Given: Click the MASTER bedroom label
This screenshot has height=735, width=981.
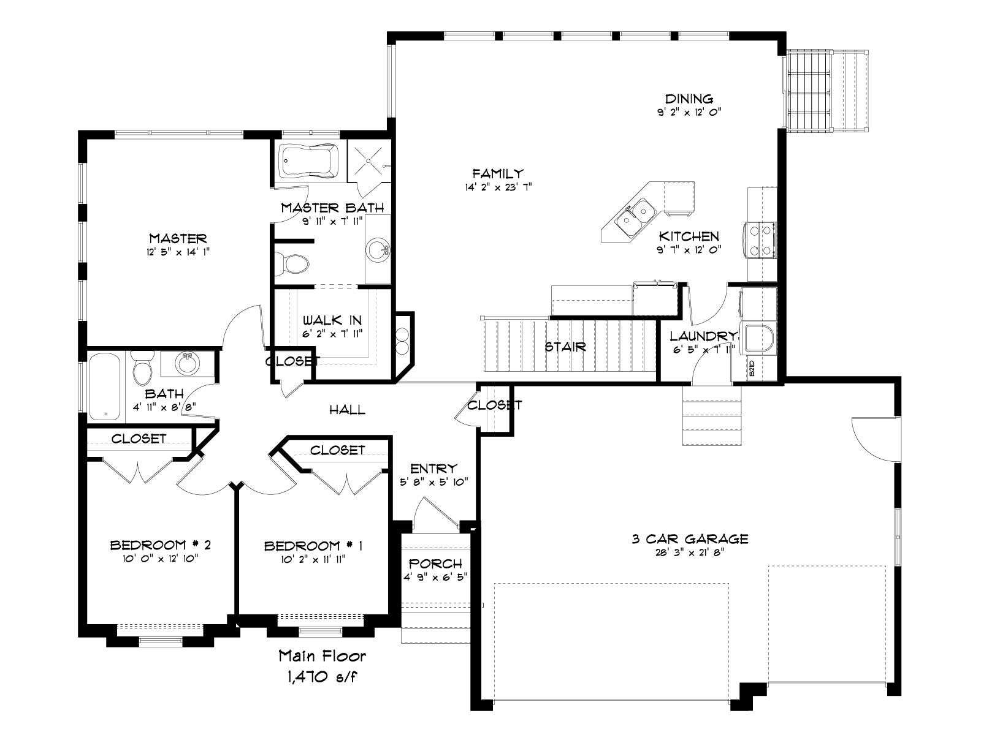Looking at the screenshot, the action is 178,238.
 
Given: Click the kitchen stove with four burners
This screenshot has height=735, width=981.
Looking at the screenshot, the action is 760,241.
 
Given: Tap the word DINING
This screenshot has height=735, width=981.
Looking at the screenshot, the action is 689,99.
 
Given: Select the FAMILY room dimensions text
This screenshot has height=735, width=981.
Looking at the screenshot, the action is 498,187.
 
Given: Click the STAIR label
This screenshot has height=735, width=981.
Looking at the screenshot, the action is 565,346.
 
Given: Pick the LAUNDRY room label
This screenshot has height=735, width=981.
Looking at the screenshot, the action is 703,336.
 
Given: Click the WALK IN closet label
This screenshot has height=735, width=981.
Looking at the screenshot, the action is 332,320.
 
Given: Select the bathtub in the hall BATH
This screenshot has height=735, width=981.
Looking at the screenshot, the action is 105,386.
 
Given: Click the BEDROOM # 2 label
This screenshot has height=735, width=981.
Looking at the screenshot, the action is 160,545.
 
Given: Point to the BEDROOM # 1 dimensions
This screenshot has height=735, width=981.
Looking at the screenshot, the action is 313,559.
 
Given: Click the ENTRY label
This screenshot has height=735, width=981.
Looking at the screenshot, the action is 433,469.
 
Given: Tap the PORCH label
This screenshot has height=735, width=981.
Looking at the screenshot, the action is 435,563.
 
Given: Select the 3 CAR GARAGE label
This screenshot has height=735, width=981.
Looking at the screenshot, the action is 690,539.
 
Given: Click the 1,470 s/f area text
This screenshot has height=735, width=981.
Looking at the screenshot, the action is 322,678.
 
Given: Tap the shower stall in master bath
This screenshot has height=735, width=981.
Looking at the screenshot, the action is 369,161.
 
